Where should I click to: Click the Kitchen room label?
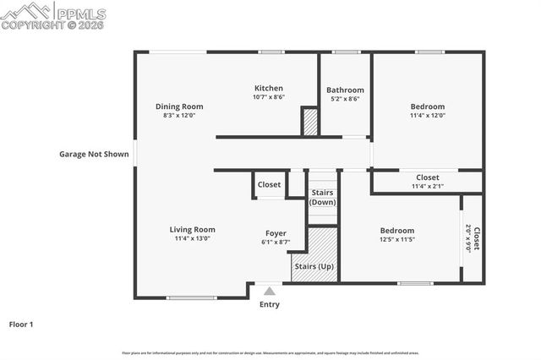tap(269, 88)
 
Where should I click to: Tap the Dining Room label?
tap(179, 106)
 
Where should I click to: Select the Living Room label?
tap(192, 229)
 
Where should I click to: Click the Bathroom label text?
tap(345, 90)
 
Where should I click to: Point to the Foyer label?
tap(276, 233)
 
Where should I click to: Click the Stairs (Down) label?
tap(321, 198)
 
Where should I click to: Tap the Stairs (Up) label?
tap(313, 266)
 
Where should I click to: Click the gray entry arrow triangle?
tap(269, 291)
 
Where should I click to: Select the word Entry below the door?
tap(269, 304)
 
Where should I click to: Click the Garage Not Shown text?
tap(94, 154)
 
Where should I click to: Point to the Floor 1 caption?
tap(22, 324)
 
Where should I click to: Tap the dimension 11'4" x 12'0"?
tap(428, 116)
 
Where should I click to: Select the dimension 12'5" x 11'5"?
tap(396, 240)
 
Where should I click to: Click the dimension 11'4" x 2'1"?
tap(428, 186)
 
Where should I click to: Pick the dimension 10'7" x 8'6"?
tap(269, 97)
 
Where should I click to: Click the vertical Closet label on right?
tap(477, 239)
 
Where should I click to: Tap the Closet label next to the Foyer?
tap(269, 184)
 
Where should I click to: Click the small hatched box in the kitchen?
tap(309, 121)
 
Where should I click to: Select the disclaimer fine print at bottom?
tap(270, 352)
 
